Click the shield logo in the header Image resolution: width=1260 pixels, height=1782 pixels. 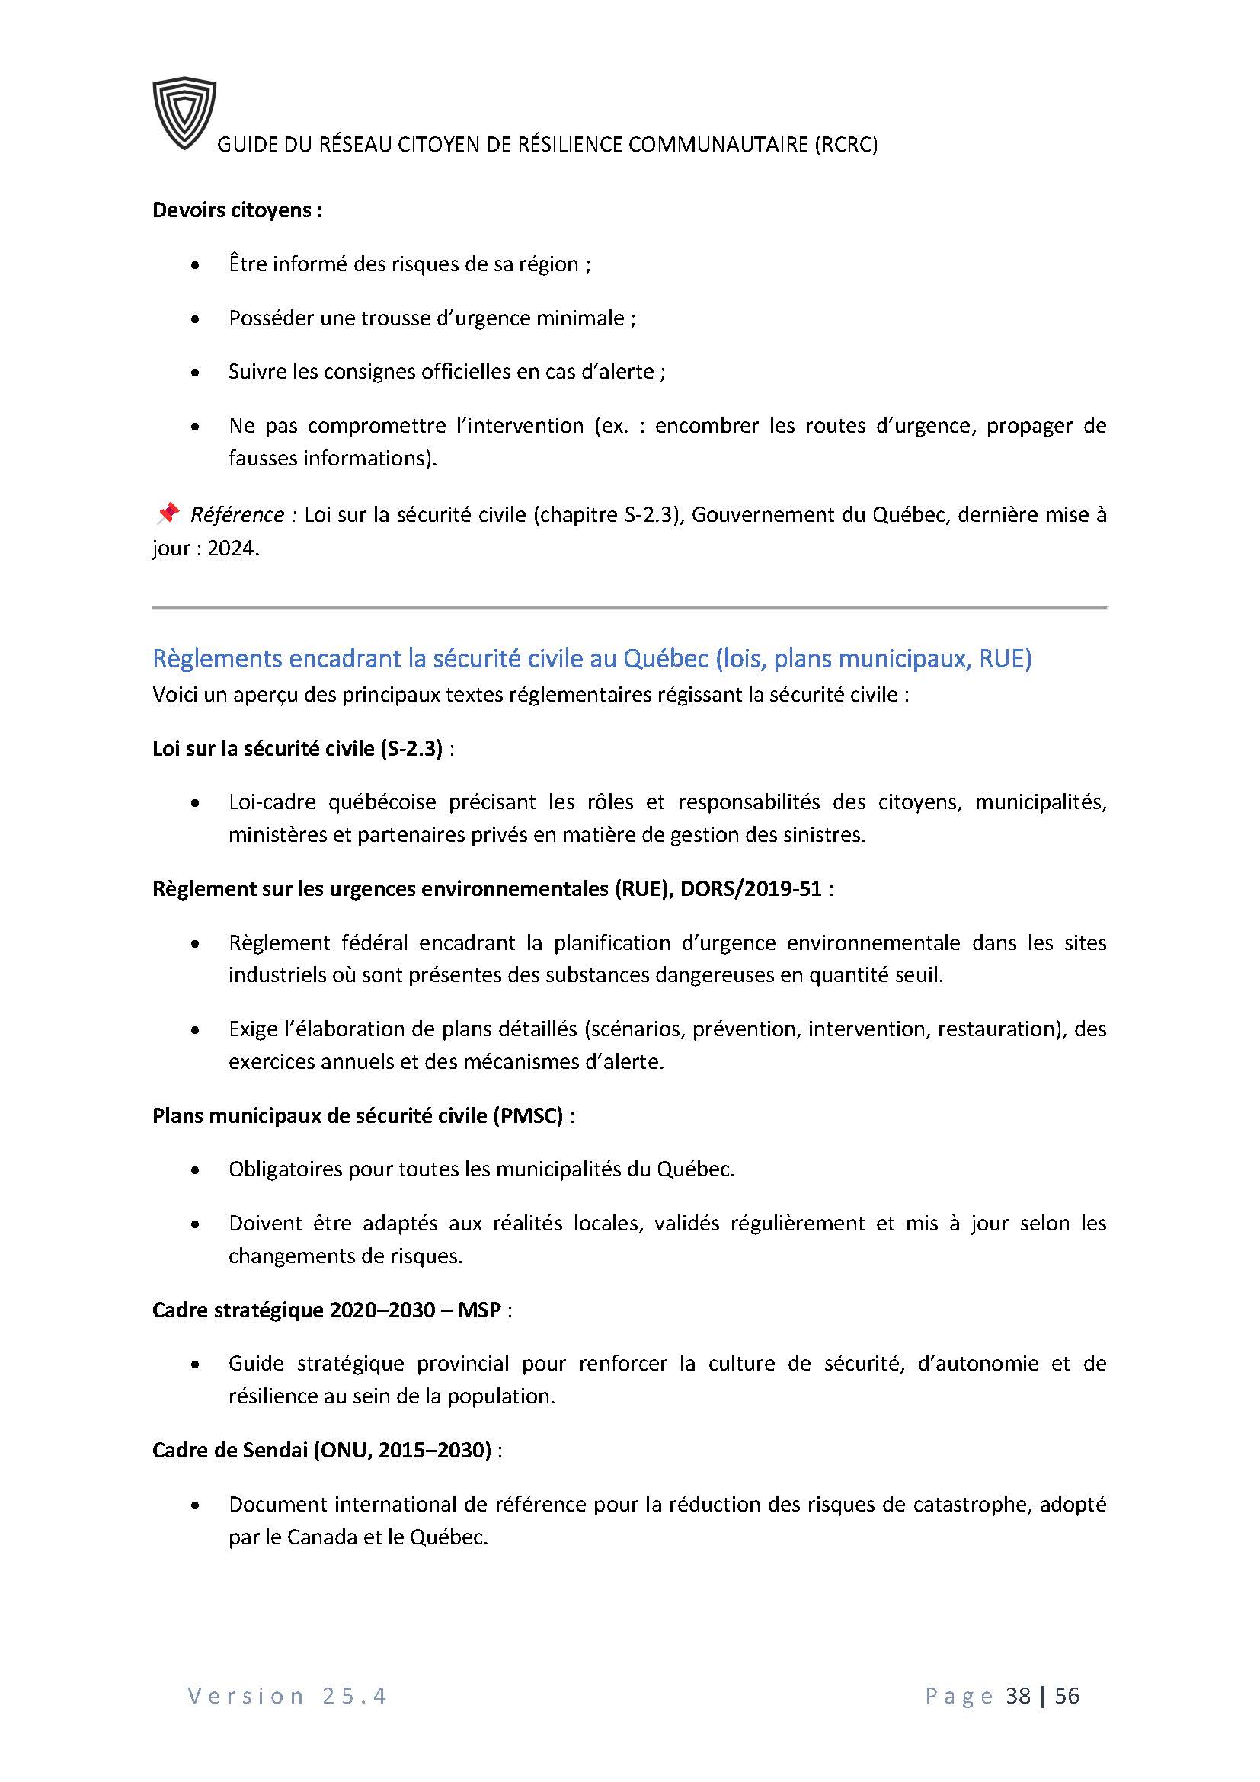[184, 114]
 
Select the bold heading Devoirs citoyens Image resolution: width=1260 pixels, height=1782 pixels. [237, 210]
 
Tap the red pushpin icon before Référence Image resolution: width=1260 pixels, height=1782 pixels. [168, 513]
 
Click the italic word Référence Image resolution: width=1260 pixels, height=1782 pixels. [238, 514]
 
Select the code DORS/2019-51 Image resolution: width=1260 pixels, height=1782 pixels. [751, 888]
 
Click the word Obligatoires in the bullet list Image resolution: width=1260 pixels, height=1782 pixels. [285, 1169]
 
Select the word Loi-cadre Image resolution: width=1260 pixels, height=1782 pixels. [271, 801]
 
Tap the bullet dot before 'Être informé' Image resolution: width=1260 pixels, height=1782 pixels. [195, 265]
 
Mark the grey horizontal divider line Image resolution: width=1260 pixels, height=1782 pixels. [629, 608]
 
